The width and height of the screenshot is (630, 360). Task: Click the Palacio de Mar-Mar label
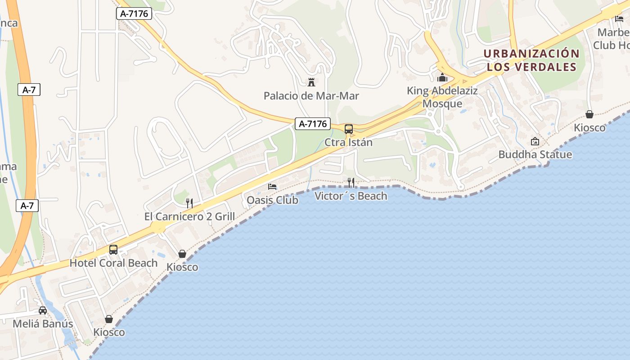click(x=311, y=96)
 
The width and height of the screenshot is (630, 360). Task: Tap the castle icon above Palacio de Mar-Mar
click(x=311, y=82)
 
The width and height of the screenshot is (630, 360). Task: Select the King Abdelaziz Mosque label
click(x=442, y=97)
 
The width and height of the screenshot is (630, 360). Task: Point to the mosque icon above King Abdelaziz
click(x=442, y=77)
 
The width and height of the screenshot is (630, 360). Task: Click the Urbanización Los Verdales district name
click(x=531, y=60)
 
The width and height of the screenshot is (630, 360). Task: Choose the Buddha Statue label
click(x=535, y=154)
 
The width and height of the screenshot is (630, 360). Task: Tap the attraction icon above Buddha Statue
click(x=535, y=141)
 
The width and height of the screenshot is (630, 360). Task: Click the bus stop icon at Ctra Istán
click(x=349, y=129)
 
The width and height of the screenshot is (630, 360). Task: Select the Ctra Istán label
click(x=349, y=142)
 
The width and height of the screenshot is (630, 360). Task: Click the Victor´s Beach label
click(x=351, y=196)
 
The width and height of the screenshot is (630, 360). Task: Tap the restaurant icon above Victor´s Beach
click(x=351, y=182)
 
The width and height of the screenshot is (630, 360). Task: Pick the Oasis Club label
click(x=272, y=200)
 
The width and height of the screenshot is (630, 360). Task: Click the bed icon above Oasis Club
click(x=272, y=187)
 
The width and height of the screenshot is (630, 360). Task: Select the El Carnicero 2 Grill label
click(x=189, y=216)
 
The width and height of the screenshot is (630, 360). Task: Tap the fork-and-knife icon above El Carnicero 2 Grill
click(x=189, y=203)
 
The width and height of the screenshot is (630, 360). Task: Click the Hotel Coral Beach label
click(x=113, y=263)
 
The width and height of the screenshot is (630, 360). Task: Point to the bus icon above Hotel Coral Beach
click(x=113, y=250)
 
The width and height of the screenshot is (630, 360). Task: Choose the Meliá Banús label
click(x=43, y=324)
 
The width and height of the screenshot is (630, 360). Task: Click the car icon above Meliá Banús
click(x=43, y=310)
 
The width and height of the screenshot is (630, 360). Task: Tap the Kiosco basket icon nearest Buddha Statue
click(x=589, y=114)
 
